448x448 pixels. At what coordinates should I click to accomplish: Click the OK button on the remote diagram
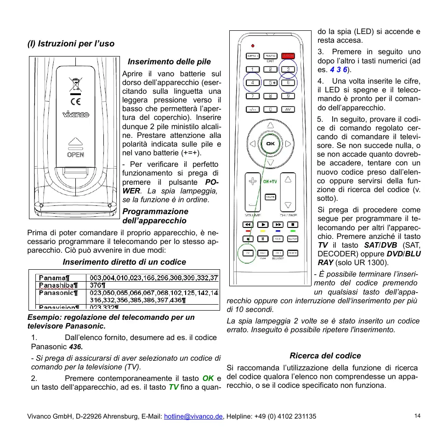(270, 143)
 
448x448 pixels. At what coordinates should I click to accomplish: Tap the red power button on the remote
(288, 56)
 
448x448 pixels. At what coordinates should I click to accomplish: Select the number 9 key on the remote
(288, 96)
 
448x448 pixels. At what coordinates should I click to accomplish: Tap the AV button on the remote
(288, 109)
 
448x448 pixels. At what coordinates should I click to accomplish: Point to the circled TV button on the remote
(248, 253)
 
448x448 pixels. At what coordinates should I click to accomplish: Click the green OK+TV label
(270, 181)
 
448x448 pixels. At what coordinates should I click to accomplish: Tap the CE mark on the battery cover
(75, 101)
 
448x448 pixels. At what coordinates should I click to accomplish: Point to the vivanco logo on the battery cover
(76, 115)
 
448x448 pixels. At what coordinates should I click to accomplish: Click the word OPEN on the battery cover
(75, 154)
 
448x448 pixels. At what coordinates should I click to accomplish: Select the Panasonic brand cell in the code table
(58, 292)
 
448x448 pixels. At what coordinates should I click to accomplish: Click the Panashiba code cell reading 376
(97, 285)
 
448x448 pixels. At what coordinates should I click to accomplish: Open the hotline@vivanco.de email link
(193, 416)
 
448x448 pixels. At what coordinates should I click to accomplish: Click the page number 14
(417, 416)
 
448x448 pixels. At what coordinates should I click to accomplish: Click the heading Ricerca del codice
(325, 356)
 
